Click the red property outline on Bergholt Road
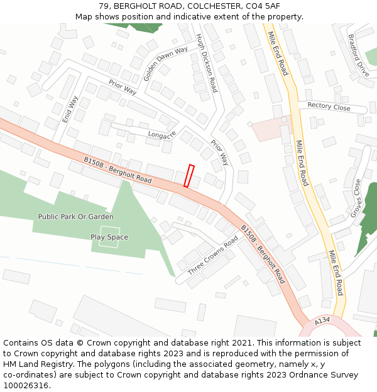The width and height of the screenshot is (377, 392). point(188,176)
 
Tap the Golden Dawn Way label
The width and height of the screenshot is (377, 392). point(166,63)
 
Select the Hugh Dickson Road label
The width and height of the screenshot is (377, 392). point(206,63)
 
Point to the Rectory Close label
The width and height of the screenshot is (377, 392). point(329,107)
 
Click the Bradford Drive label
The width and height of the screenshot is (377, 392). point(359,56)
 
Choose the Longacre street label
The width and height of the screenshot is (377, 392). point(162,134)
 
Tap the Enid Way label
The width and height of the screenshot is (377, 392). point(70,109)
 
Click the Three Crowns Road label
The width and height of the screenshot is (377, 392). point(213,256)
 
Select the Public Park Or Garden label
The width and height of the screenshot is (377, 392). point(75,217)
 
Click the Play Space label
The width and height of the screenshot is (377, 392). point(109,237)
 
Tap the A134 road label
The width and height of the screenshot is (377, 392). point(322,320)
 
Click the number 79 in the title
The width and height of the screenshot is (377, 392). point(104,6)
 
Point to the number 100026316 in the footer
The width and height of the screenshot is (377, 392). point(26,385)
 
